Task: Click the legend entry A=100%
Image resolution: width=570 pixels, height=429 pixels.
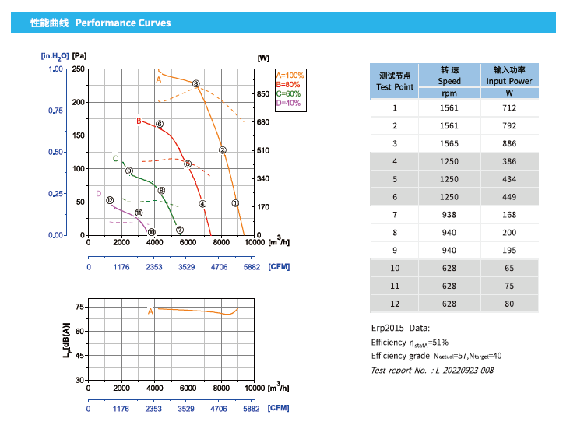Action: (290, 75)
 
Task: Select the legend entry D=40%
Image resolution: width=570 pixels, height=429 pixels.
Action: (288, 103)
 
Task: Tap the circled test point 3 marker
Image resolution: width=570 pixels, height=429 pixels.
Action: (196, 84)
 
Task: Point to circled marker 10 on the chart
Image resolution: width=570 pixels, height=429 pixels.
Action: (151, 231)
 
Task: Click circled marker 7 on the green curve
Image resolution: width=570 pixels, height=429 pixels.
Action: (179, 230)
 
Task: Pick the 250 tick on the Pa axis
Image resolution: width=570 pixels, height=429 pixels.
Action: (79, 69)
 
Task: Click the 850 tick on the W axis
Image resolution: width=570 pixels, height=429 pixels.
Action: (263, 94)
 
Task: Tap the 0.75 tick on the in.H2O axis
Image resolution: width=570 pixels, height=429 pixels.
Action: (55, 111)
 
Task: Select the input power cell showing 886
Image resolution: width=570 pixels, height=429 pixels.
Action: (509, 143)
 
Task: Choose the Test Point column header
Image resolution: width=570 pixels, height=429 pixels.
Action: (394, 81)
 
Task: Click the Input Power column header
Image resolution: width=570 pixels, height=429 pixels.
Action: (509, 75)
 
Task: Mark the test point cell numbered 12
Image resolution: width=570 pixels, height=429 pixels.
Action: (394, 304)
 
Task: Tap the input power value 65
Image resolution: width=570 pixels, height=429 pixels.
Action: (509, 269)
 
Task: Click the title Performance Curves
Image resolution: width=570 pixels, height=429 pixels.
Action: (123, 23)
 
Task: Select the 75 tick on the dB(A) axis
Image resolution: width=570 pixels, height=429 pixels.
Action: (79, 308)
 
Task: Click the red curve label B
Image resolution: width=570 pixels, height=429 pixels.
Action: (139, 121)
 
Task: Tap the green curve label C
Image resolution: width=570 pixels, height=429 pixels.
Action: (115, 159)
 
